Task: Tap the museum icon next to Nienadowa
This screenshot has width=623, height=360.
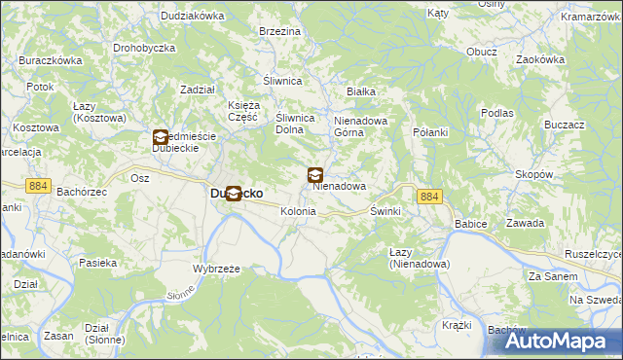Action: pos(316,176)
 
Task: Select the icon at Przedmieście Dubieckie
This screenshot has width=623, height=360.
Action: pos(161,138)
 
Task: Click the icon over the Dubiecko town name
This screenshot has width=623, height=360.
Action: pos(234,193)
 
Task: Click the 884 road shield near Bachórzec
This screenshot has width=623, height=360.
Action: pos(39,187)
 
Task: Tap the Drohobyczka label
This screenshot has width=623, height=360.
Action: pos(143,47)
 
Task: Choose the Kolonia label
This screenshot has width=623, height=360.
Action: pos(298,211)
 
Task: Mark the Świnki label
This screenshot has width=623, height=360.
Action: pos(385,211)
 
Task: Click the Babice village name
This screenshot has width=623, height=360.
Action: pos(470,223)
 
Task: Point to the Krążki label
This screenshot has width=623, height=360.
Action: pos(457,325)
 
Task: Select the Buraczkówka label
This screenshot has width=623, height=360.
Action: pos(51,60)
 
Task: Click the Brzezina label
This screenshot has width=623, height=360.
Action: pos(279,32)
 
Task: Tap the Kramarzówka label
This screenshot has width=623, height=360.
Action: pos(593,18)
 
